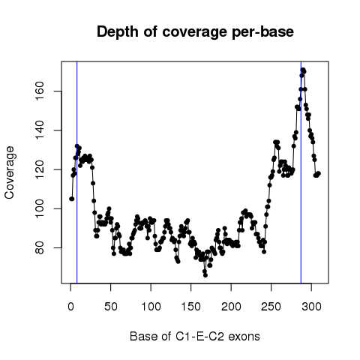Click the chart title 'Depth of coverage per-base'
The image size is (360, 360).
click(195, 32)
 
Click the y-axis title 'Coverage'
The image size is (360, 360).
click(9, 172)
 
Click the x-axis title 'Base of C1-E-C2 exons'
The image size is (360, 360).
click(195, 336)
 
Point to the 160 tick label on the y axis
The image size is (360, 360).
click(40, 91)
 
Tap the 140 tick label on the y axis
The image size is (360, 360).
click(40, 130)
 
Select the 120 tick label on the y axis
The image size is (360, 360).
click(40, 169)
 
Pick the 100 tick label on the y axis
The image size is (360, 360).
click(40, 208)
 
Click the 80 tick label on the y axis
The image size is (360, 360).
click(40, 247)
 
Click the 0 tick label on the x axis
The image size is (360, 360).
click(70, 307)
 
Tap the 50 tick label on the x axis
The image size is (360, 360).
click(111, 307)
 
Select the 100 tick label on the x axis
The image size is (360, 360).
click(151, 307)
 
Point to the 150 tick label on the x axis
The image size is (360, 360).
click(191, 307)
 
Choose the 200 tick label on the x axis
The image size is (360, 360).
click(231, 307)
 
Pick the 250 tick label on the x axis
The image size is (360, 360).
click(271, 307)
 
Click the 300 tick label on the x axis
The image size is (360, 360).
click(311, 307)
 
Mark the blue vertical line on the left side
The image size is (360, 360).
click(77, 172)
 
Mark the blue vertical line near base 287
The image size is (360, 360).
click(301, 172)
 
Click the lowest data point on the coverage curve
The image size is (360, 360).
click(205, 275)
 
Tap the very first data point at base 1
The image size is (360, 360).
click(71, 199)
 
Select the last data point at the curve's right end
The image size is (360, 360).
click(319, 173)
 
